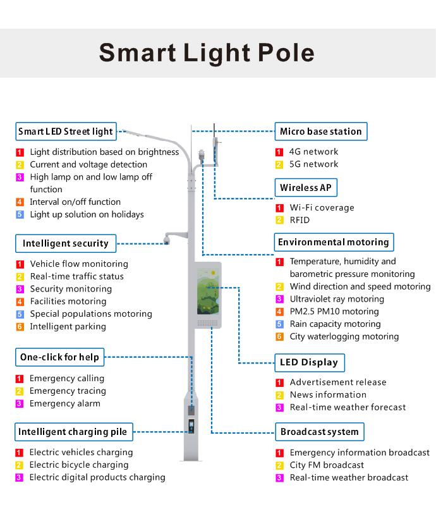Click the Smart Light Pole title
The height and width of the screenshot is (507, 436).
point(207,52)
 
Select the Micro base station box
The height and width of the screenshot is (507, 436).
point(321,131)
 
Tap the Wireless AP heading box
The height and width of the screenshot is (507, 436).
point(306,188)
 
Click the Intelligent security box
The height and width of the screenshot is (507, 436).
point(66,243)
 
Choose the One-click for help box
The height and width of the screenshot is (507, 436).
point(60,357)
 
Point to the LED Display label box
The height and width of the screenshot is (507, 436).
point(310,363)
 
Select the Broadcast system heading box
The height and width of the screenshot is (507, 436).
point(320,432)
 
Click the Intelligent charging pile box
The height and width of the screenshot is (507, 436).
point(74,432)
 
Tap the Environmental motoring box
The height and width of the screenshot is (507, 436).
point(334,242)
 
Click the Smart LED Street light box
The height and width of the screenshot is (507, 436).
point(66,131)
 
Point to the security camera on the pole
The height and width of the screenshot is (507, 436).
point(166,240)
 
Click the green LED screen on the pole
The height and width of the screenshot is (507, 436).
point(208,291)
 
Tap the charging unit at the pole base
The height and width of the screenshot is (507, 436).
point(191,426)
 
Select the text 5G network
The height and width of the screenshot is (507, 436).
point(313,164)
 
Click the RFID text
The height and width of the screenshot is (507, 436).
point(300,220)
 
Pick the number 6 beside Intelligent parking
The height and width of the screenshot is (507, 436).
point(20,327)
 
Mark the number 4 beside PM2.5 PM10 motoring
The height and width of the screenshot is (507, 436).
point(279,312)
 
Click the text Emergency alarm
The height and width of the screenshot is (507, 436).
point(65,403)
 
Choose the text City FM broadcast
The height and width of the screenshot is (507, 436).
point(327,465)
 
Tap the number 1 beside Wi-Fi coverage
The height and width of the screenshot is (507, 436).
point(279,208)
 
